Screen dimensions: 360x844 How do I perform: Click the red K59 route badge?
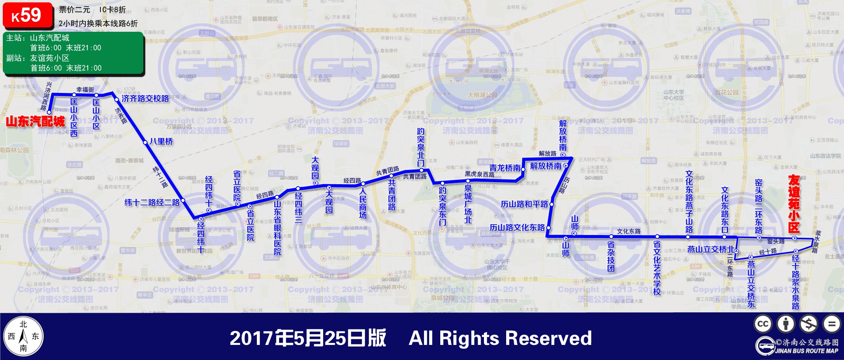27,16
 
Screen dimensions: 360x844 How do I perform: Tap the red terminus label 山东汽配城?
35,121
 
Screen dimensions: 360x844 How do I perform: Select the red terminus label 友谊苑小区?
794,204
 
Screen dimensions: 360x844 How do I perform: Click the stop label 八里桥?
161,141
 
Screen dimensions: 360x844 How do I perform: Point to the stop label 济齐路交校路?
145,98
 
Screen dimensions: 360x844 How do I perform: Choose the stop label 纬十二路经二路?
152,202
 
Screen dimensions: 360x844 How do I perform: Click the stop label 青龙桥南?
505,168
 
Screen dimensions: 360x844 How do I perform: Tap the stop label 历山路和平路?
524,204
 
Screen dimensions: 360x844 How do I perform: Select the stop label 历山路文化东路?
517,227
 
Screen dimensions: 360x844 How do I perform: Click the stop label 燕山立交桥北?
711,249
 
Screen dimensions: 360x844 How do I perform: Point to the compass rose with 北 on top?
23,336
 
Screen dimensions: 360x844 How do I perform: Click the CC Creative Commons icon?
763,323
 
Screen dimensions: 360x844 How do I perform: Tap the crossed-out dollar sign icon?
809,323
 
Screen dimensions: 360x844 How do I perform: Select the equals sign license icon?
831,323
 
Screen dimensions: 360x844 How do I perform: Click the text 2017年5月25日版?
308,338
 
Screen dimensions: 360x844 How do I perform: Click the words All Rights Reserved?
500,338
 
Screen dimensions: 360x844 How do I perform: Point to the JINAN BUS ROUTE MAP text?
806,351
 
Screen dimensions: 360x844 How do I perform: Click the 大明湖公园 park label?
482,95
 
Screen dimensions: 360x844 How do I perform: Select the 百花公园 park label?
726,92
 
